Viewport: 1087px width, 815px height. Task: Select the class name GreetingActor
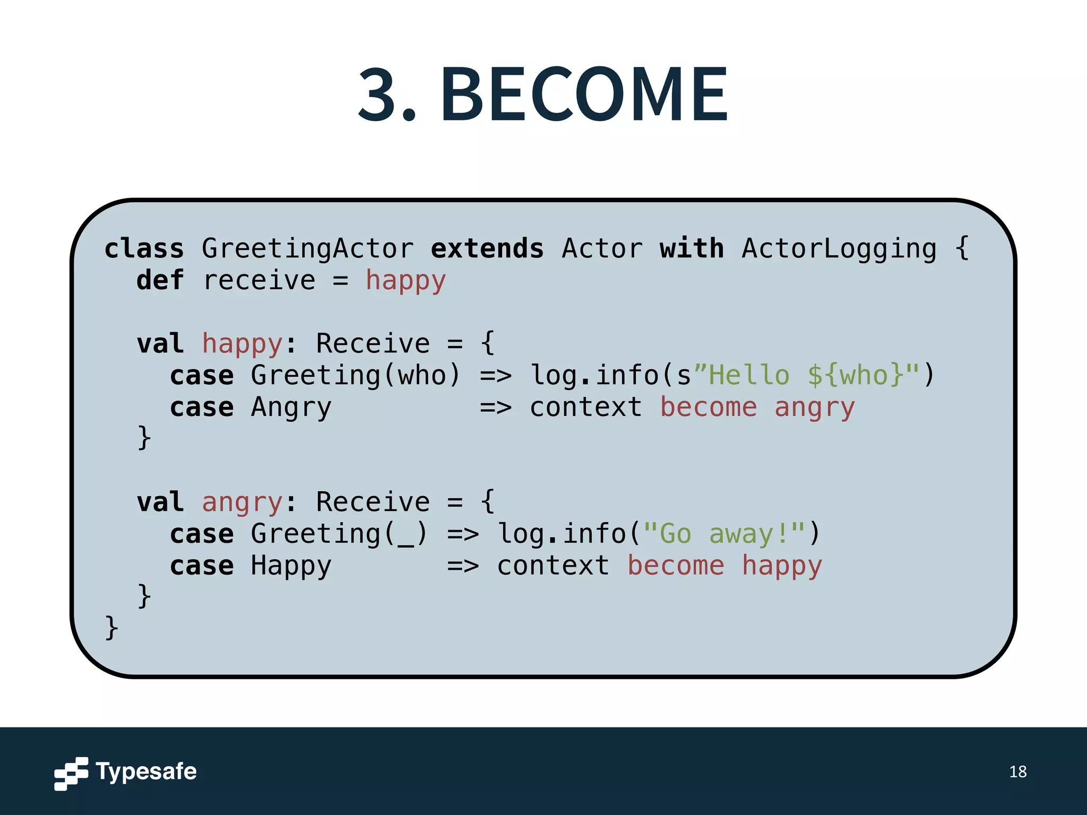tap(307, 248)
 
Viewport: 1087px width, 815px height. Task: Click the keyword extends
tap(487, 248)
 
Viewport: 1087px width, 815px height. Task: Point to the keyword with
tap(692, 248)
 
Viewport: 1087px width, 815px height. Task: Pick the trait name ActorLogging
tap(839, 248)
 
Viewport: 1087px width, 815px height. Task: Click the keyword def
tap(160, 280)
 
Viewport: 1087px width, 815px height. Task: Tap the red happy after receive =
tap(406, 280)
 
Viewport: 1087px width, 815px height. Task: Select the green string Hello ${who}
tap(806, 376)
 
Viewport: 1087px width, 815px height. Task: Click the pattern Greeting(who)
tap(355, 376)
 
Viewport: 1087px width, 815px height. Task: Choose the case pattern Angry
tap(291, 407)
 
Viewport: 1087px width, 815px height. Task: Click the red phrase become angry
tap(757, 407)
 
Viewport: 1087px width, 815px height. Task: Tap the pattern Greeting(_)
tap(339, 534)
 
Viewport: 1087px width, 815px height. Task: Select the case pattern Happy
tap(291, 566)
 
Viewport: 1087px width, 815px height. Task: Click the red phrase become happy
tap(724, 566)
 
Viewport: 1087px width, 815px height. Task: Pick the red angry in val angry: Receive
tap(242, 502)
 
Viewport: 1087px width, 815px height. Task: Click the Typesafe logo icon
tap(71, 773)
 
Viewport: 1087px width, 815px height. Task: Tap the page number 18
tap(1017, 771)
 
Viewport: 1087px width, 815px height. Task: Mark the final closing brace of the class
tap(111, 628)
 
